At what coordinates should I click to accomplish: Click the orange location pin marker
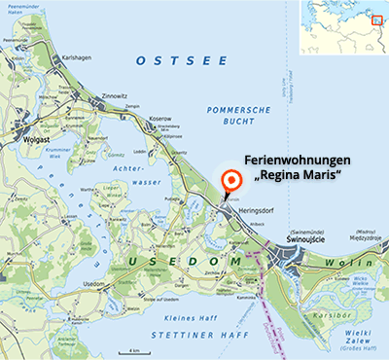tap(230, 182)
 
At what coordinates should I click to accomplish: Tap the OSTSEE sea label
tap(170, 60)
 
